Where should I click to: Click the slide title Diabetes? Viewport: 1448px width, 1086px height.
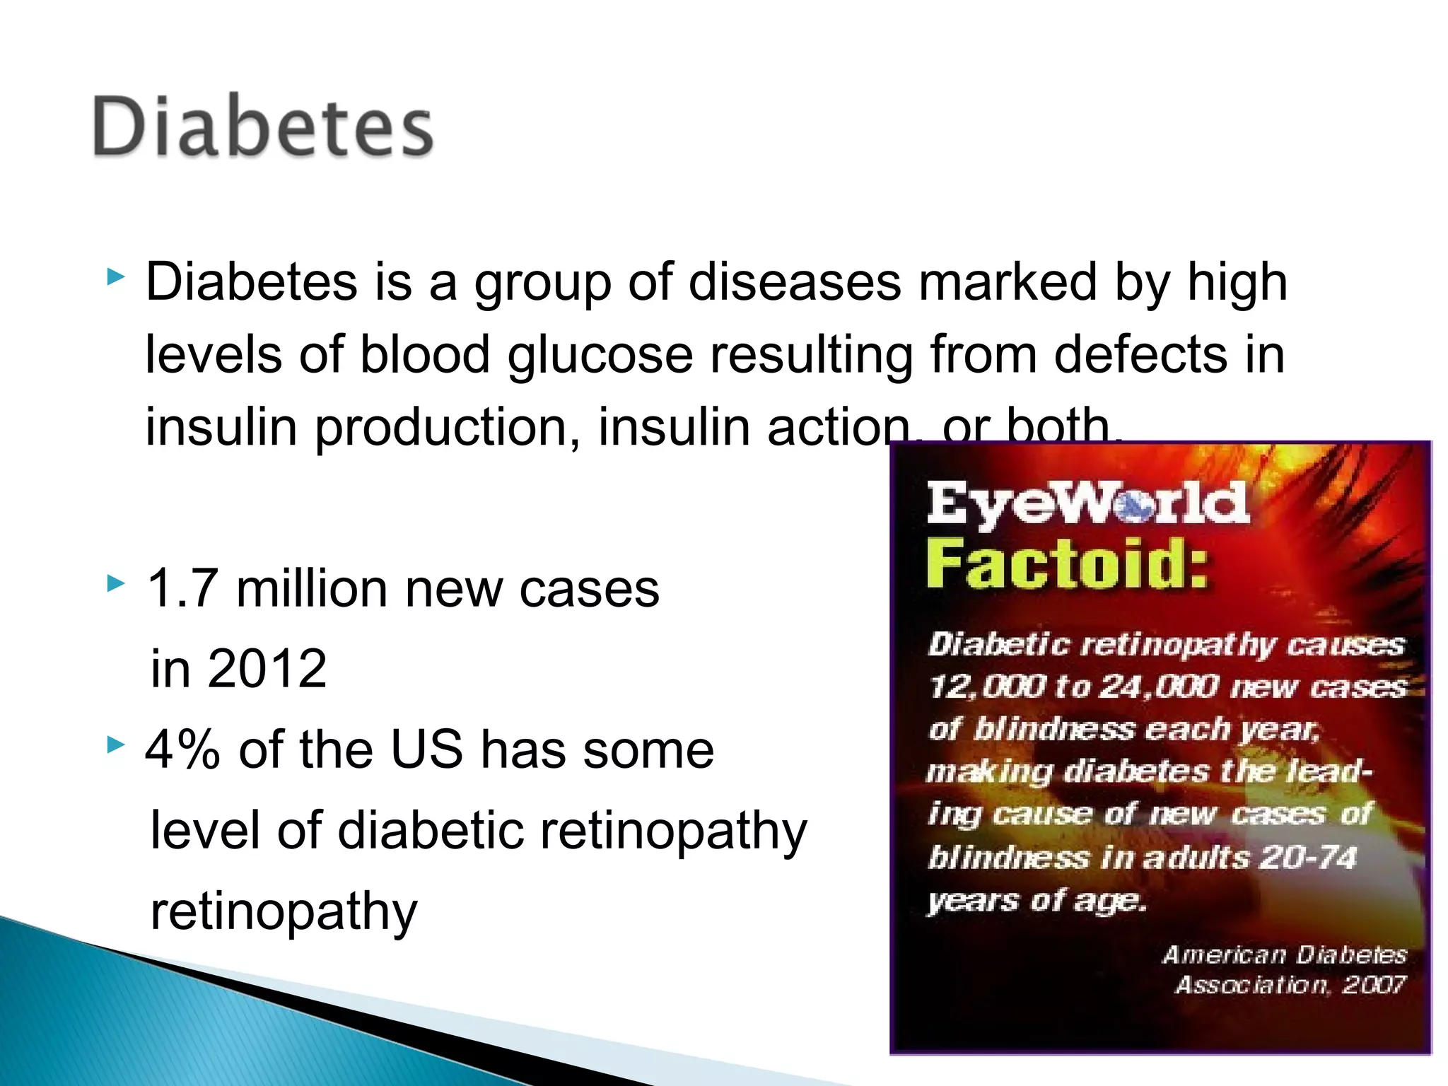pyautogui.click(x=262, y=127)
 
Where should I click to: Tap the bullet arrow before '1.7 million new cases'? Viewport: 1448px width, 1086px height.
pyautogui.click(x=115, y=584)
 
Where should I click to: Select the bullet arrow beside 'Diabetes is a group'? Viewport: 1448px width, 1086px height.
pyautogui.click(x=115, y=276)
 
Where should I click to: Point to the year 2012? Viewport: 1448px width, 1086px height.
pyautogui.click(x=267, y=668)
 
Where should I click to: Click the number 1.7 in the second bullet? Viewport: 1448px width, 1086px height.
pyautogui.click(x=182, y=588)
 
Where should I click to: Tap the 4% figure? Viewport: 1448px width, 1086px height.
pyautogui.click(x=182, y=749)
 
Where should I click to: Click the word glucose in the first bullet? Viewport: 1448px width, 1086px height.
pyautogui.click(x=600, y=355)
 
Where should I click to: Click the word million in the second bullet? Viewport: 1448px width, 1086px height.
pyautogui.click(x=311, y=588)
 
